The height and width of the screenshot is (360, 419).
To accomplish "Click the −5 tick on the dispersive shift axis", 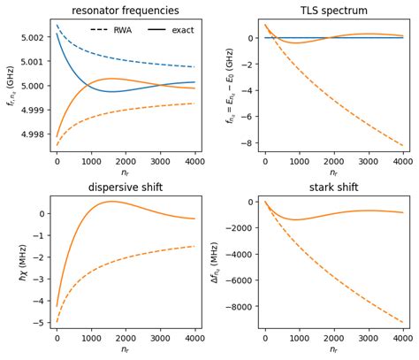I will coord(40,322).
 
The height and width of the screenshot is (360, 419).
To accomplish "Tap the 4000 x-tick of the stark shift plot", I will coord(402,338).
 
